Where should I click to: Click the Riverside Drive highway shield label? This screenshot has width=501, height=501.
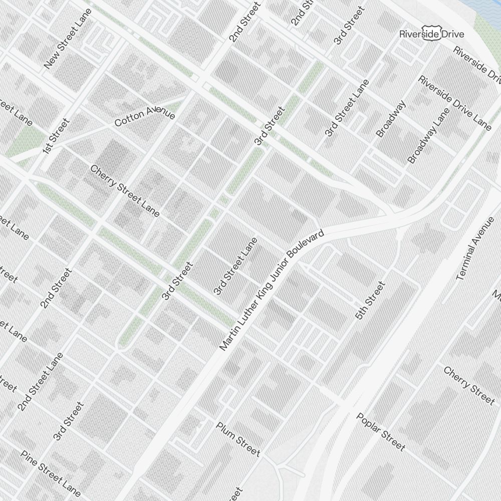click(431, 34)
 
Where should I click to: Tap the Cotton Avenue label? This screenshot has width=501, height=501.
click(145, 116)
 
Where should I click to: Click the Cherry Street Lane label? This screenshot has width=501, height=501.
click(125, 191)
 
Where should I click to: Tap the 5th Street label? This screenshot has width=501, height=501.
click(370, 301)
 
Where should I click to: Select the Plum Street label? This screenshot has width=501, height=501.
click(238, 439)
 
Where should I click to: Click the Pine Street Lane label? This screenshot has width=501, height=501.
click(51, 473)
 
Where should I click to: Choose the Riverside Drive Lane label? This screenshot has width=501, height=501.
click(455, 103)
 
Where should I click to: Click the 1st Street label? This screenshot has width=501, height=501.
click(55, 136)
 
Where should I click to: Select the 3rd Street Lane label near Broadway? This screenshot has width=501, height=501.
click(346, 108)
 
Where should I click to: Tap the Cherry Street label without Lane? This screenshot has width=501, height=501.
click(469, 385)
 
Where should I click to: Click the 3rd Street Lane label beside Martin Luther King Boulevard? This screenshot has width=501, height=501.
click(235, 266)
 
